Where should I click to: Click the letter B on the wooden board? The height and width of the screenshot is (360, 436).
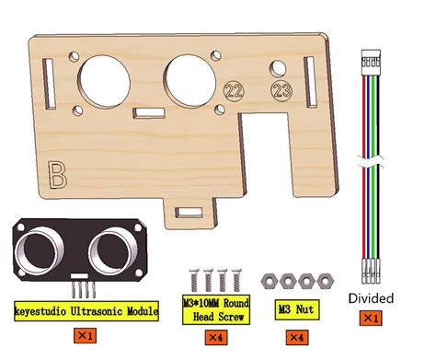point(57,173)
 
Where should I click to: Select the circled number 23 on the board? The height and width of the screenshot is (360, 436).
point(279,89)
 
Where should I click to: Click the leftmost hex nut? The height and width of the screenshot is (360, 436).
point(270,279)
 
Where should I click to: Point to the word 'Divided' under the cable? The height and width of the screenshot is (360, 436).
point(372,297)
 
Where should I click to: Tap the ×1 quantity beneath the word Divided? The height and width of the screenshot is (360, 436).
point(371,318)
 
